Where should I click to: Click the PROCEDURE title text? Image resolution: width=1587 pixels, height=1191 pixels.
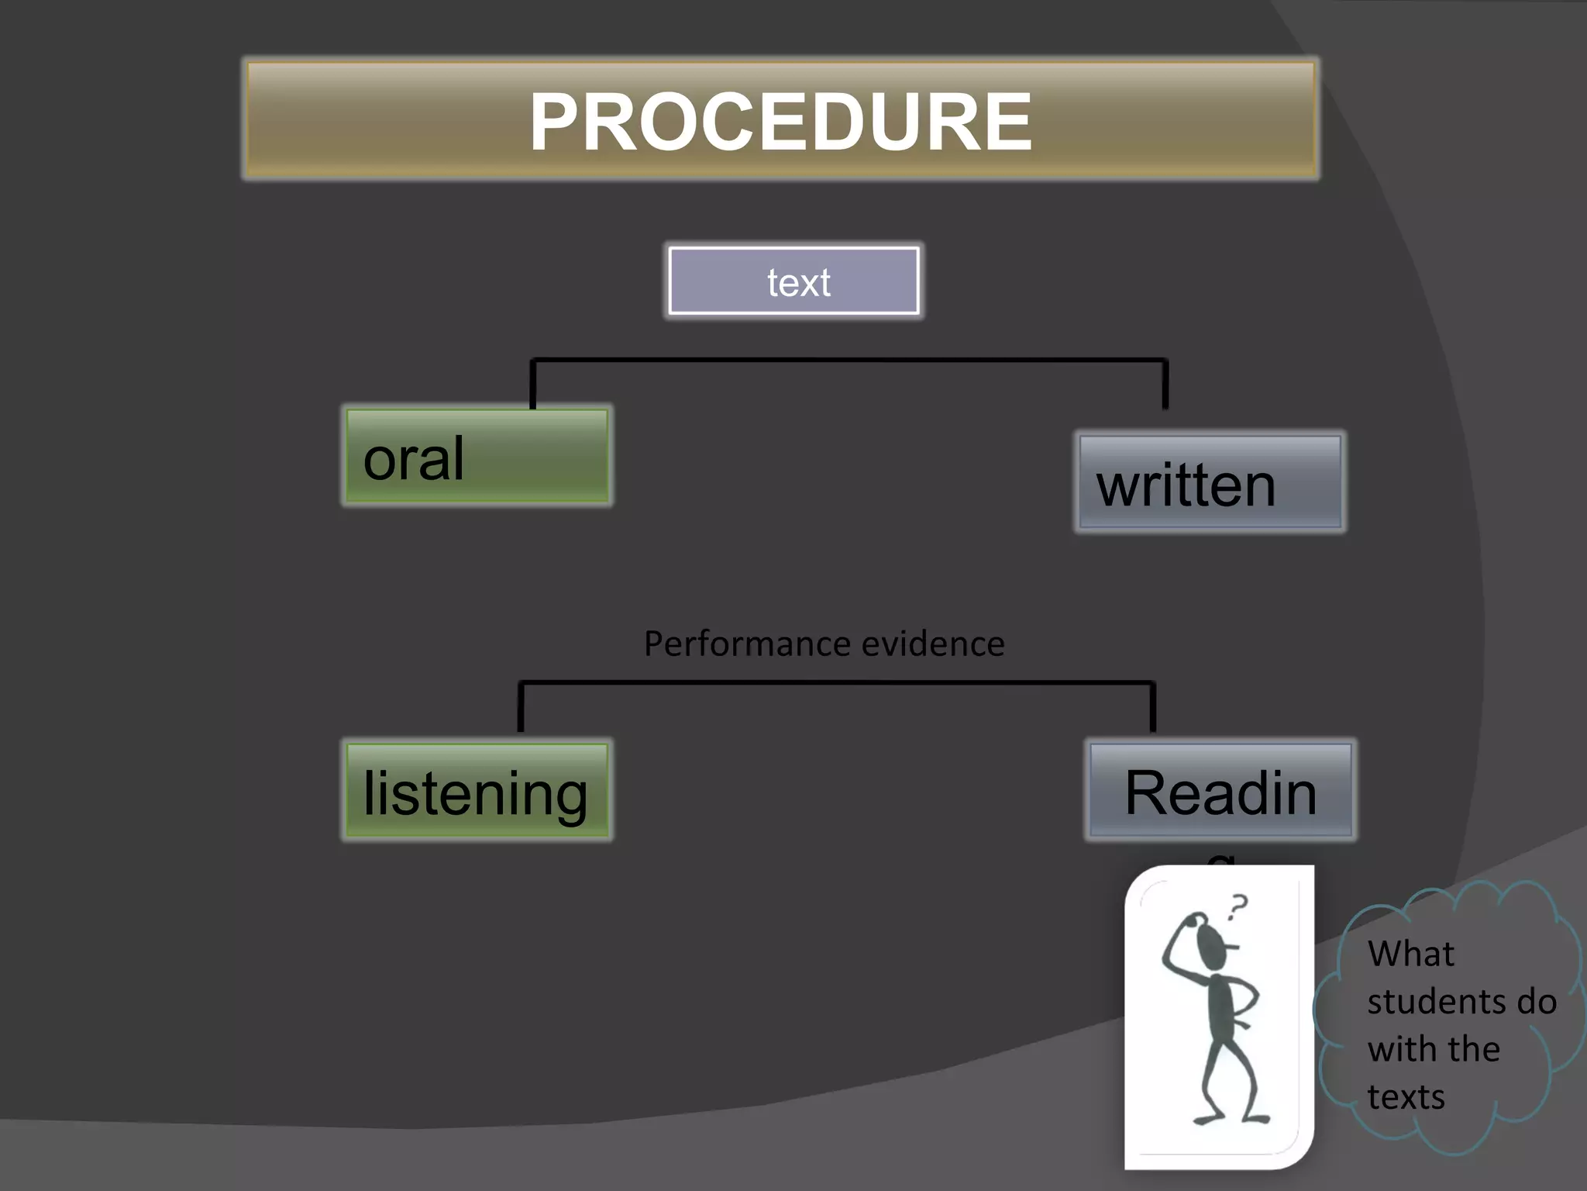(x=780, y=122)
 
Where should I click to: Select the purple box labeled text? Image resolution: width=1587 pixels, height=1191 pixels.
(x=794, y=281)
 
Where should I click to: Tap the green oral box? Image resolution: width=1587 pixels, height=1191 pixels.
(x=477, y=457)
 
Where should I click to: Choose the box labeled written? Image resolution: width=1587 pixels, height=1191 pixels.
(x=1210, y=482)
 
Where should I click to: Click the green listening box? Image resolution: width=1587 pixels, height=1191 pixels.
(x=477, y=791)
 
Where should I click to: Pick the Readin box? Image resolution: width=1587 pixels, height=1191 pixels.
(x=1220, y=791)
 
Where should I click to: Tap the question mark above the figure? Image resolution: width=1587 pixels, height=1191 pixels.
(x=1238, y=906)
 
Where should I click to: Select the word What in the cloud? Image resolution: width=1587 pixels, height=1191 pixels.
(x=1410, y=953)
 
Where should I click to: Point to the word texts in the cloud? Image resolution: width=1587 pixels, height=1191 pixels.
(x=1406, y=1097)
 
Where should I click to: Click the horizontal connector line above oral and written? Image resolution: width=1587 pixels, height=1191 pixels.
(x=849, y=360)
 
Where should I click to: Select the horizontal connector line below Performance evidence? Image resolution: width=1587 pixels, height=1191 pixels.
(x=837, y=682)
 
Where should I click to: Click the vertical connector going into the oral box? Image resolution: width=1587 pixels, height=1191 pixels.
(x=532, y=385)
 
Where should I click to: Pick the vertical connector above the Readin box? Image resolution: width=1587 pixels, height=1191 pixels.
(x=1153, y=707)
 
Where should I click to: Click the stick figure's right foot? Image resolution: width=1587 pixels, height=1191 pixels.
(x=1255, y=1118)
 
